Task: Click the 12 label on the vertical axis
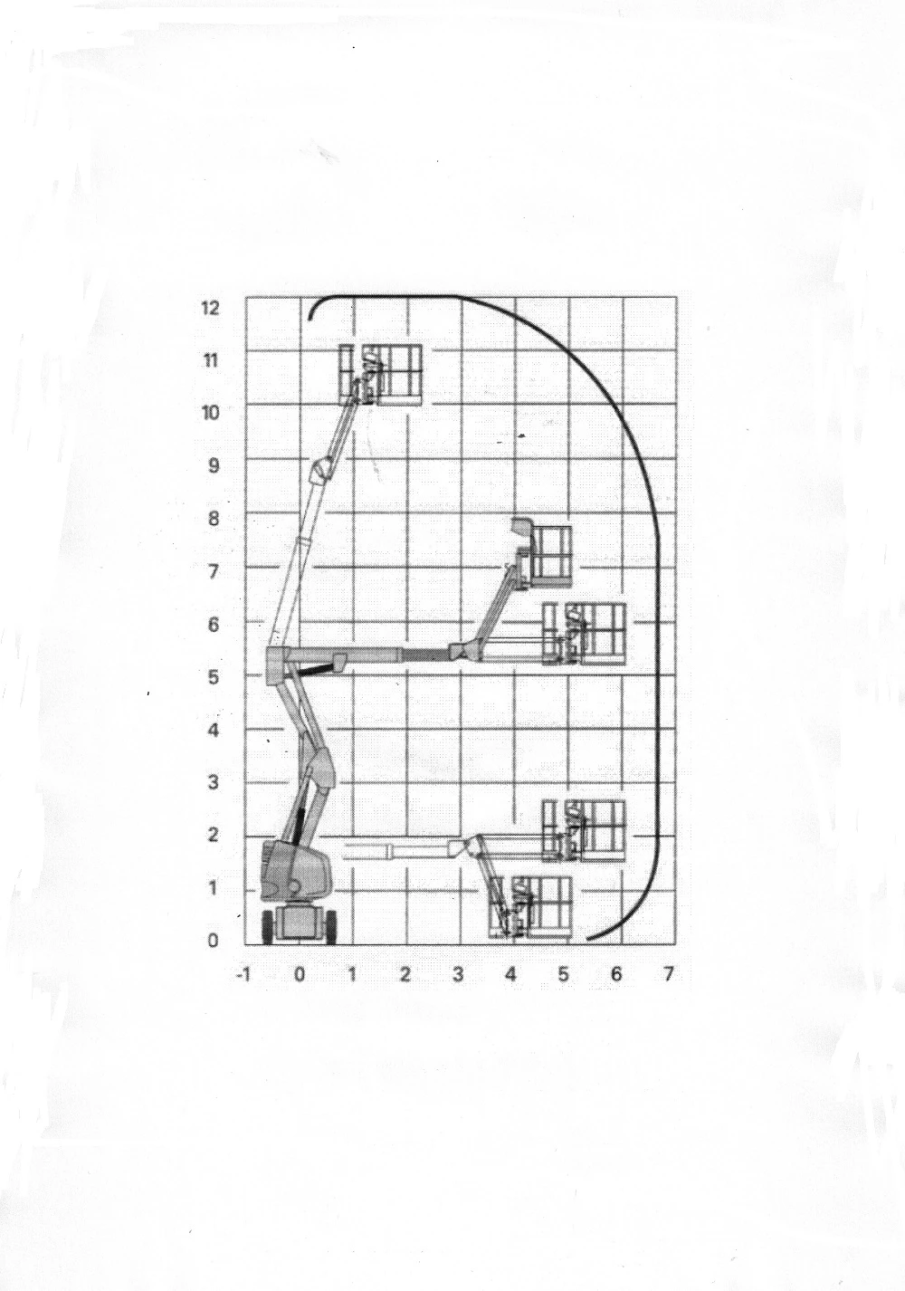[211, 308]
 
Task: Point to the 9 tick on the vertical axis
[214, 465]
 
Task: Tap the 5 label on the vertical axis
[214, 677]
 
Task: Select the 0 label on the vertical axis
[214, 941]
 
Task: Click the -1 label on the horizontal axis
[243, 975]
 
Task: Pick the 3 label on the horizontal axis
[458, 975]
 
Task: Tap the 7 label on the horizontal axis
[668, 975]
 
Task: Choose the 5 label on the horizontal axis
[564, 975]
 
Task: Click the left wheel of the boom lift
[268, 927]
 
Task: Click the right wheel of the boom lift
[330, 927]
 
